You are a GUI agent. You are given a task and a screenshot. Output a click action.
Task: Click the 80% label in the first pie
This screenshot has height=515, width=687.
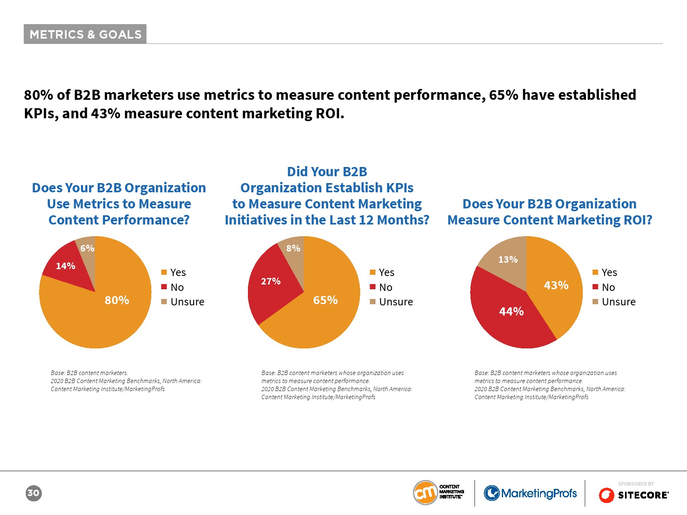[117, 300]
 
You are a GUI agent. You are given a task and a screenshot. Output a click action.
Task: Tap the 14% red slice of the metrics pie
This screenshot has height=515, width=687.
[66, 266]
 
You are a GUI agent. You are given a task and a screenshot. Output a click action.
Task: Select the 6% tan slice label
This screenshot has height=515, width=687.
[87, 248]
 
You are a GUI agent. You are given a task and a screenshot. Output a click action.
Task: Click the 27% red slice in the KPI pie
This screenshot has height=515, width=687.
[271, 281]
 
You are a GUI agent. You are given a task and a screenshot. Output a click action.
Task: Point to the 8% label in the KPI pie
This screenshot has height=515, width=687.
[293, 248]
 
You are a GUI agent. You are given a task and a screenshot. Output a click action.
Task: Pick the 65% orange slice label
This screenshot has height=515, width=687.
[325, 300]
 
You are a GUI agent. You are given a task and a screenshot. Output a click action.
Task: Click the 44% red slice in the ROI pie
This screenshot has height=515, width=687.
[511, 311]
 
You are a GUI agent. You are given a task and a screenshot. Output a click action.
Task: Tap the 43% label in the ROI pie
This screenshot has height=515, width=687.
[556, 285]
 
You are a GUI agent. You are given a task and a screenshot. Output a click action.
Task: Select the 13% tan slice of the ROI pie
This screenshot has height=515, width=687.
[508, 260]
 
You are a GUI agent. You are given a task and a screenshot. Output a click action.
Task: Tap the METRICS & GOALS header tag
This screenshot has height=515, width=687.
[85, 34]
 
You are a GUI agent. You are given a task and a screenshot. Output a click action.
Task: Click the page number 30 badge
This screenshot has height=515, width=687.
[33, 493]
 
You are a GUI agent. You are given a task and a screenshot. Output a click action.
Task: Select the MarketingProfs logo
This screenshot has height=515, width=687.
[530, 493]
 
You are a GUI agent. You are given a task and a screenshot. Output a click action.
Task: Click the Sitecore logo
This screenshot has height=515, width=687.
[633, 495]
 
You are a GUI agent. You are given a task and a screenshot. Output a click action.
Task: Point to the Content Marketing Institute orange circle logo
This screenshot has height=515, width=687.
[425, 492]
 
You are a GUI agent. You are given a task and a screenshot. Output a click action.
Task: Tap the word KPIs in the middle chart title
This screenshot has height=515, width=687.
[400, 188]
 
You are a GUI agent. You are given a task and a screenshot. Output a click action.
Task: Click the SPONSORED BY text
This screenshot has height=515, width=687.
[635, 484]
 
